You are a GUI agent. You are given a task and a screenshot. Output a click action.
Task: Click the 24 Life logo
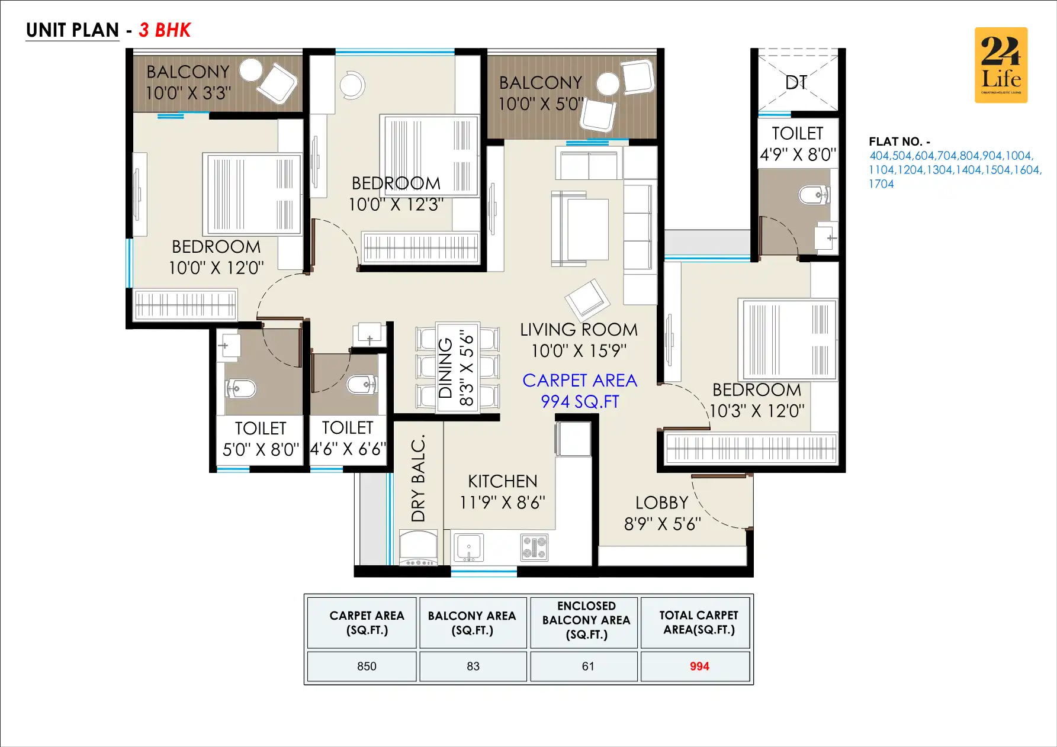pos(1001,65)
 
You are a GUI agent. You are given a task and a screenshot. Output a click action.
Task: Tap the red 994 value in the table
pos(699,666)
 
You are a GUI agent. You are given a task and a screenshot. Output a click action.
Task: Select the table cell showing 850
pos(367,666)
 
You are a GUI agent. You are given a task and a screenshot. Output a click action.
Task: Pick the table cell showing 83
pos(473,666)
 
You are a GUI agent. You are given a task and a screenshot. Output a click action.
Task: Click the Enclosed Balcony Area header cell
pos(586,620)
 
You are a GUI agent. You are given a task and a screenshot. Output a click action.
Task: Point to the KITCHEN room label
pos(502,481)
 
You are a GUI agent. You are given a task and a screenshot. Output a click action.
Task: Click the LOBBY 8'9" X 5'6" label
pos(662,513)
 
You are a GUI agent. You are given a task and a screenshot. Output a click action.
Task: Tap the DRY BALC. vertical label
pos(419,478)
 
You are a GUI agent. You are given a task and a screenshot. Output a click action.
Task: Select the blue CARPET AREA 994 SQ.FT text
pos(580,391)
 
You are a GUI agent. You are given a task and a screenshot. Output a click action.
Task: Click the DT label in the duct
pos(796,82)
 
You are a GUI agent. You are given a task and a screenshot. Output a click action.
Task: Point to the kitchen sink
pos(468,547)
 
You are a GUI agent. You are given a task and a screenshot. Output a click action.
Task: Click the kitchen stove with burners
pos(534,548)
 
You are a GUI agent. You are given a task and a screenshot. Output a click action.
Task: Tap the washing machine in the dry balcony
pos(418,548)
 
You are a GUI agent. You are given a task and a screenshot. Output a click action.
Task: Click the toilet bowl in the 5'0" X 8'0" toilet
pos(242,388)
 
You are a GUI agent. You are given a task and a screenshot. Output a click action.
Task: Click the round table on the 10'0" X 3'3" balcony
pos(251,70)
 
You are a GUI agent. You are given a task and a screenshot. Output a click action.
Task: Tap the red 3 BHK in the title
pos(165,30)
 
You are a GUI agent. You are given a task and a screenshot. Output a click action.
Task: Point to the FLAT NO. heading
pos(899,141)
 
